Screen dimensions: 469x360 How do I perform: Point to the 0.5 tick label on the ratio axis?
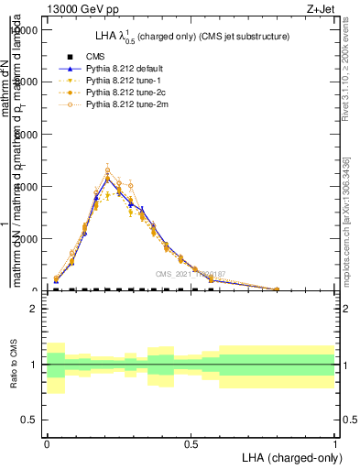(x=29, y=420)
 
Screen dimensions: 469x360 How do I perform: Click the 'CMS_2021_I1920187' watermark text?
(x=190, y=274)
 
